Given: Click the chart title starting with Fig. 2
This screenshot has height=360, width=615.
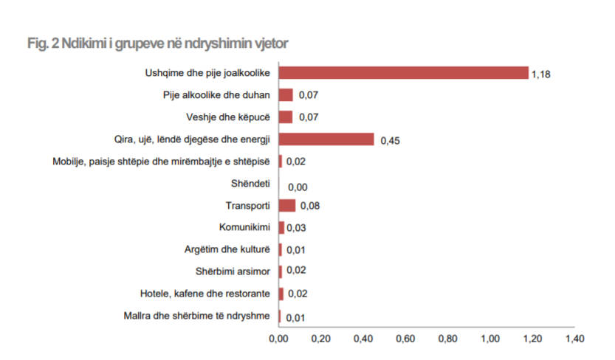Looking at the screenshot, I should click(157, 44).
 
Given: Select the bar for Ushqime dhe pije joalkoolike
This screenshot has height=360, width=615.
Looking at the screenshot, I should click(404, 72).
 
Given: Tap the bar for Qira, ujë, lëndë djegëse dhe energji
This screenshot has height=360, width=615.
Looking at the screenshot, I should click(326, 139).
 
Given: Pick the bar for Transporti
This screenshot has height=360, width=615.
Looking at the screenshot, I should click(287, 206).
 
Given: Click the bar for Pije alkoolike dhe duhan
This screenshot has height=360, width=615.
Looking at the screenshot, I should click(286, 94).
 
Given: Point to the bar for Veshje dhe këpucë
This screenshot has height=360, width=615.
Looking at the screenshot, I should click(286, 117).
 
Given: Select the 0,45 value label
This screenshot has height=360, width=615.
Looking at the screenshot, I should click(389, 142).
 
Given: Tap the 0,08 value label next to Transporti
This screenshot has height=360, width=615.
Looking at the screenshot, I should click(309, 206).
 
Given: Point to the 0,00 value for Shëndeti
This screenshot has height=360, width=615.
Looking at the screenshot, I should click(298, 187).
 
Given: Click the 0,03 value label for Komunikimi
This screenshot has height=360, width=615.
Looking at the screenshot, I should click(296, 228).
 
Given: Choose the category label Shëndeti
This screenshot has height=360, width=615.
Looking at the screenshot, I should click(251, 184).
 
